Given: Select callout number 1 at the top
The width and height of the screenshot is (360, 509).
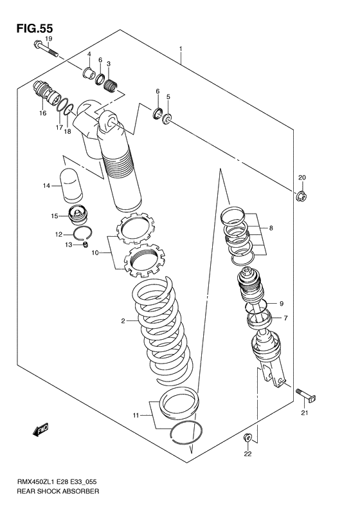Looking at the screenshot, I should point(182,49).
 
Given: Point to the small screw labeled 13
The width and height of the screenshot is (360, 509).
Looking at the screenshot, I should point(84,245).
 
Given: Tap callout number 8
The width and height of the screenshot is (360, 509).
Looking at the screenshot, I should point(271,227).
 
